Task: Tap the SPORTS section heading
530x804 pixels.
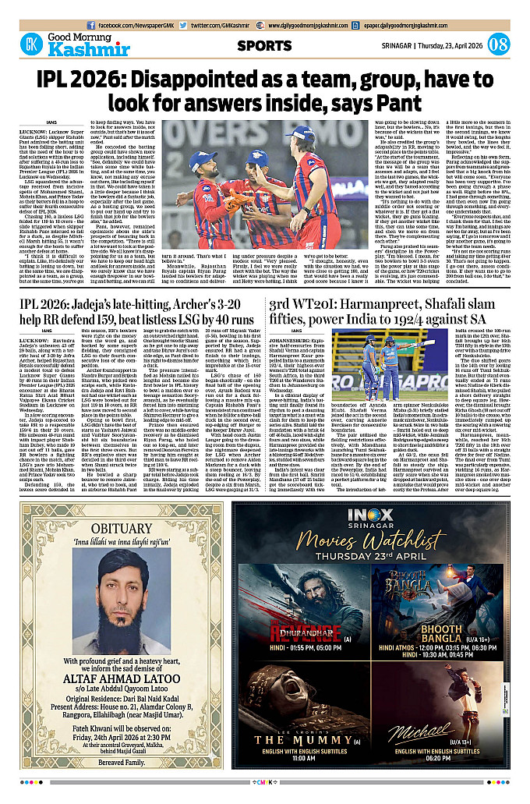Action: point(265,45)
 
